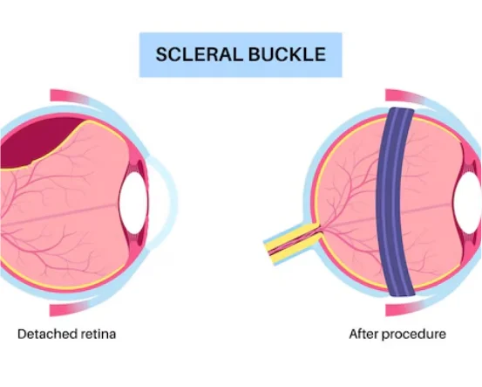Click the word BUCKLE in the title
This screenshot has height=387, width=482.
pyautogui.click(x=287, y=54)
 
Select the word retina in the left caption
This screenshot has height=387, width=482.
pyautogui.click(x=98, y=334)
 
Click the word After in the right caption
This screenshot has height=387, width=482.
pyautogui.click(x=363, y=334)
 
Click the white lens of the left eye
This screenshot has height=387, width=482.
pyautogui.click(x=132, y=201)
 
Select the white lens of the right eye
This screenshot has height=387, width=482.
pyautogui.click(x=469, y=201)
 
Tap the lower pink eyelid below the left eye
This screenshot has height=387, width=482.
pyautogui.click(x=77, y=308)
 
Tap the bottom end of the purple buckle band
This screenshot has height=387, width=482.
pyautogui.click(x=402, y=294)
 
